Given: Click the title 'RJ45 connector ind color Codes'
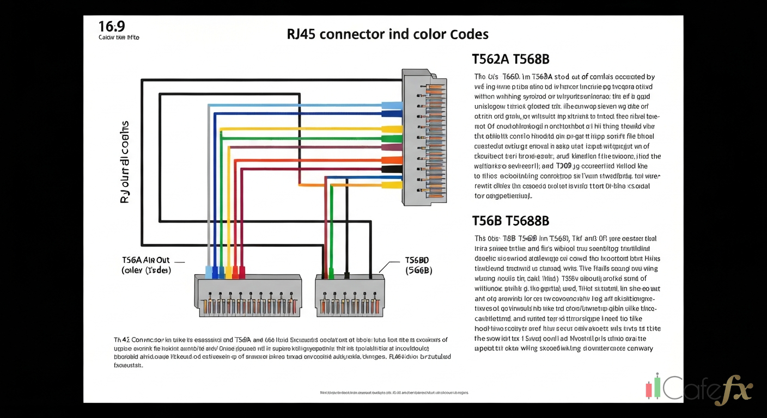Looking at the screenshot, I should (387, 34).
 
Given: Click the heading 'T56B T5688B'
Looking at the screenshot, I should (510, 220).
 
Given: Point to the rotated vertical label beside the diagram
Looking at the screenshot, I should (124, 162).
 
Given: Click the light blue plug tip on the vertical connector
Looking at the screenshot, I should (392, 106).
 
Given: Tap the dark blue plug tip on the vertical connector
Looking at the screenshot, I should (392, 114).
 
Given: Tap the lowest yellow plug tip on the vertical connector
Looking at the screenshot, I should (392, 185).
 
